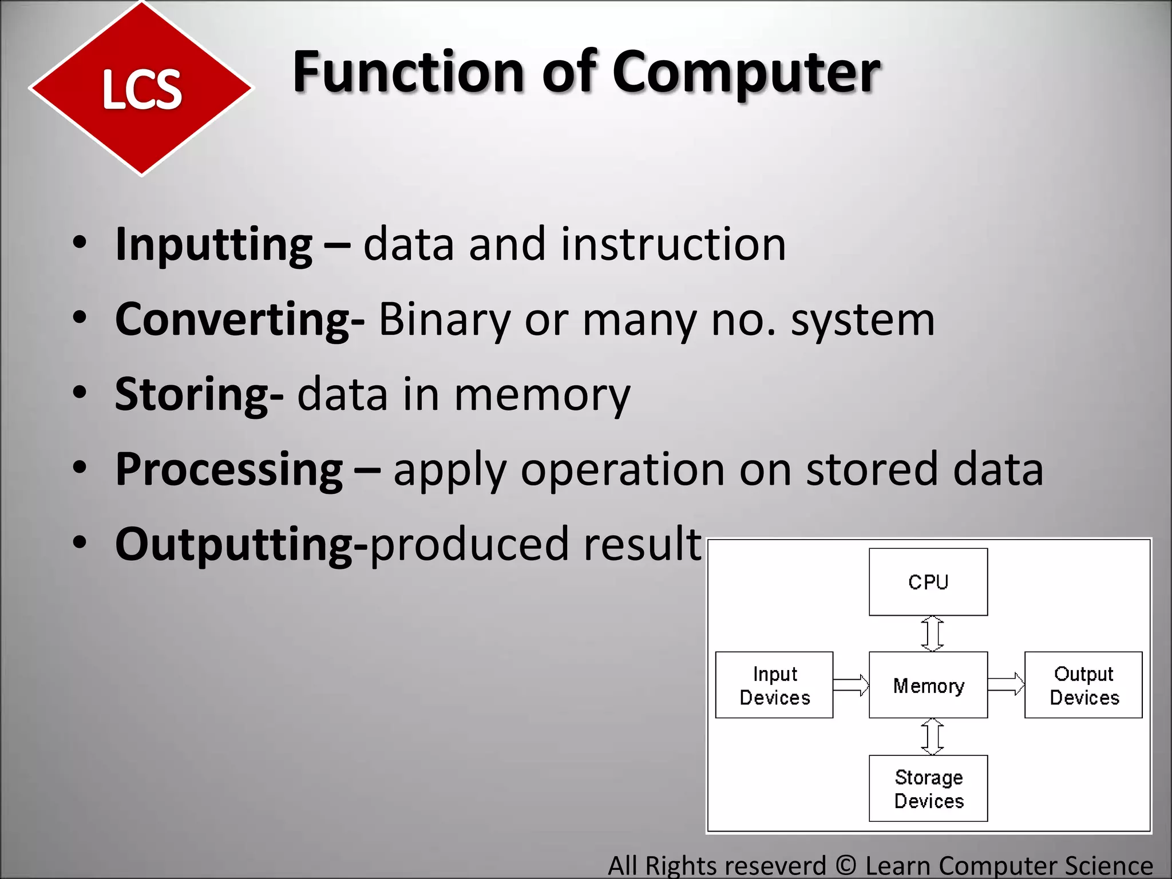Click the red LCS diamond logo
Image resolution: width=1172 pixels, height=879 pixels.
pos(141,89)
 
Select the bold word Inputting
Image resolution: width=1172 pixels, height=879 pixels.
pos(213,244)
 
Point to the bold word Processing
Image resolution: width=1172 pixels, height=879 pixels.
pos(229,469)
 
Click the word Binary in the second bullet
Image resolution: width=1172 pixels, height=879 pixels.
pos(444,319)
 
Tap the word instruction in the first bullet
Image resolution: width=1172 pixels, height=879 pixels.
pos(673,244)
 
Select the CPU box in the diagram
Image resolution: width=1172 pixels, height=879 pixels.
pos(928,582)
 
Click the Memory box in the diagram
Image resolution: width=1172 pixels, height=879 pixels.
pos(928,685)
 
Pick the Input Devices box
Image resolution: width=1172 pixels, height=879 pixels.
pos(774,685)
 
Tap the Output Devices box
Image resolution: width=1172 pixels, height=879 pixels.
pos(1083,685)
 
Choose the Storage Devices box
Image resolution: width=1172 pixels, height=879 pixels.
pos(928,789)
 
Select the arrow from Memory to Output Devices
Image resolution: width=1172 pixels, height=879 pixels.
pos(1006,684)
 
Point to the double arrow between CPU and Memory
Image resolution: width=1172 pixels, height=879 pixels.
pos(932,633)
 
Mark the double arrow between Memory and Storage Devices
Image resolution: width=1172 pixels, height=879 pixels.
pos(932,737)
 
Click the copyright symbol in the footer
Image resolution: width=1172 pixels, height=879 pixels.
pos(845,865)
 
